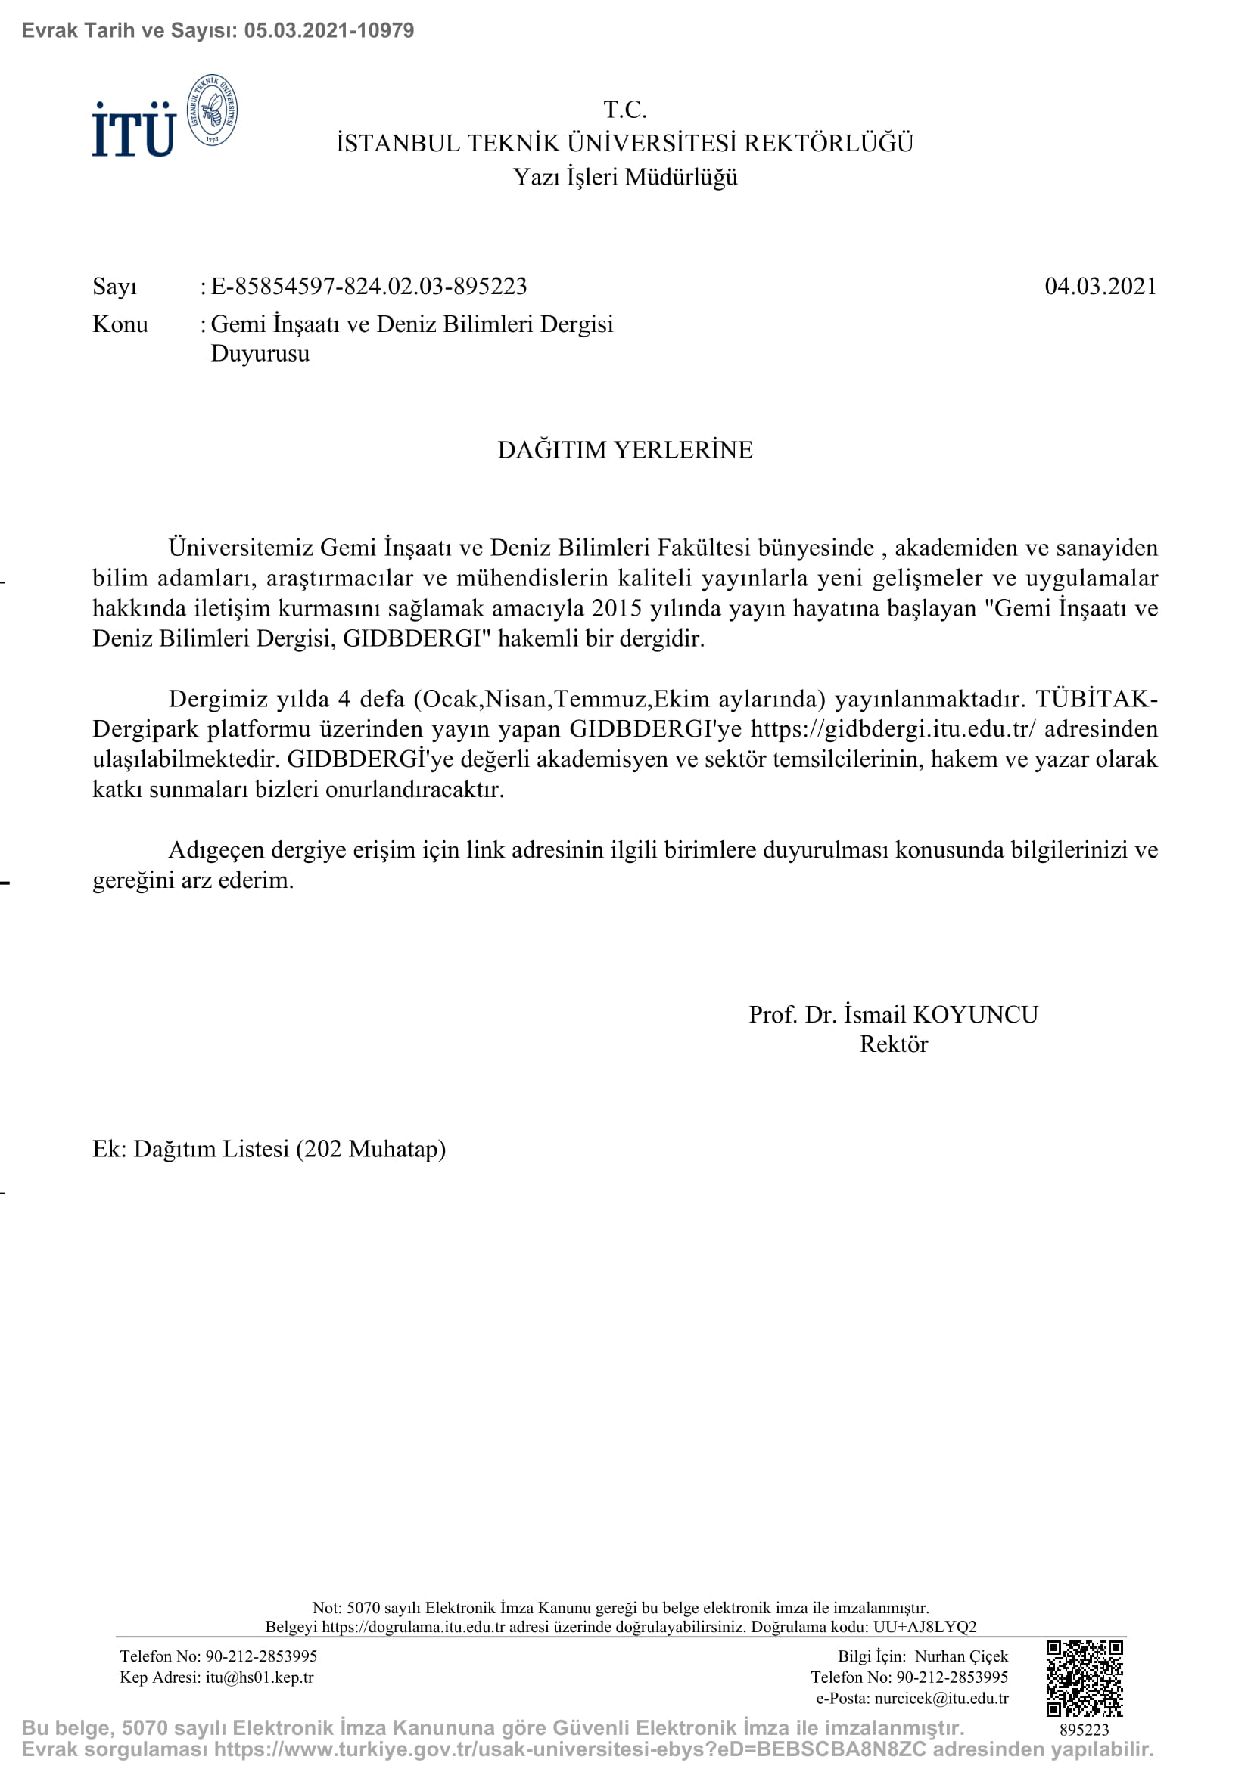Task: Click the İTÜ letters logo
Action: click(134, 129)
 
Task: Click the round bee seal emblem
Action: click(213, 111)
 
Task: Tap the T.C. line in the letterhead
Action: click(624, 110)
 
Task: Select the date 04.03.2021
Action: click(1100, 287)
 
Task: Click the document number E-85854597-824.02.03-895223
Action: click(369, 287)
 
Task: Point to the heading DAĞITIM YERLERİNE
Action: click(624, 450)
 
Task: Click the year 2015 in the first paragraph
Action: click(617, 609)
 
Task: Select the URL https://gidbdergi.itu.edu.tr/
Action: click(893, 729)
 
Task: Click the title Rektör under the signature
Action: click(893, 1044)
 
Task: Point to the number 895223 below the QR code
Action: click(1084, 1730)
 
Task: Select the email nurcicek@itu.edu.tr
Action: click(941, 1698)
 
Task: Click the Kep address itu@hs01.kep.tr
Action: click(260, 1677)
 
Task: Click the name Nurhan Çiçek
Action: click(961, 1656)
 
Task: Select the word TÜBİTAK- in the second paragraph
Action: click(1096, 699)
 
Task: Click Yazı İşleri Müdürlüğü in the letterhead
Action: click(624, 178)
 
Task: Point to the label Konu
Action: click(120, 324)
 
